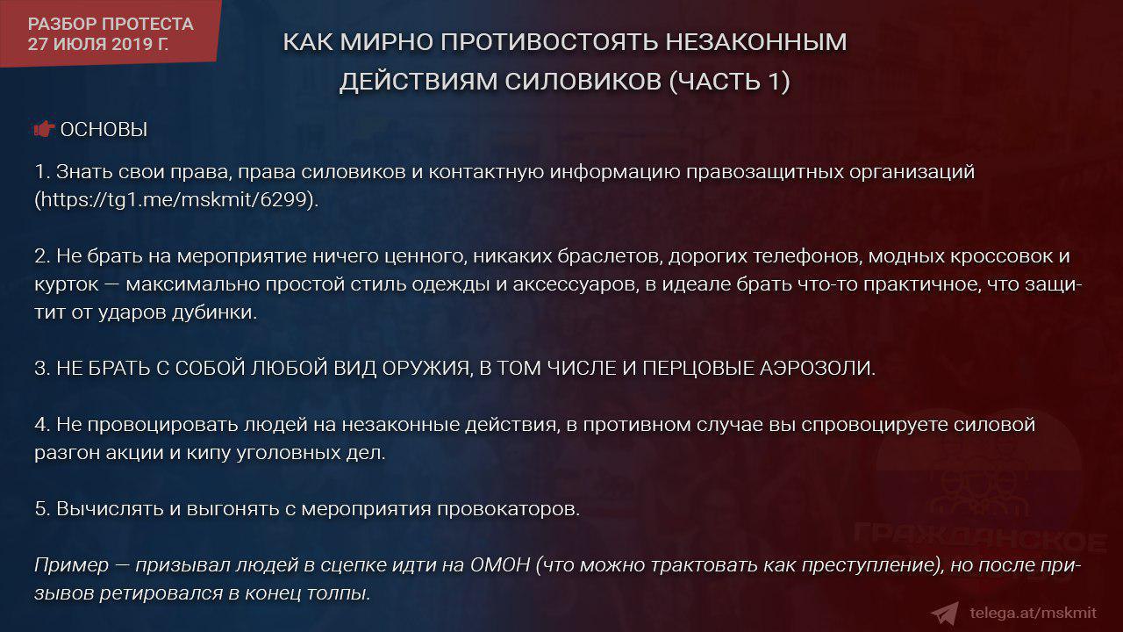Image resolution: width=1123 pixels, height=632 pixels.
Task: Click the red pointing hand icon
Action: click(44, 129)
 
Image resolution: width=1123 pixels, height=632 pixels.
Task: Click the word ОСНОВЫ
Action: click(104, 129)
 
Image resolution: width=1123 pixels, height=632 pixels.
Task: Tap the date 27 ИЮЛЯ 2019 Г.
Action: click(98, 44)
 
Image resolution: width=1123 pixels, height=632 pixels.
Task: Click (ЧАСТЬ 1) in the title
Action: click(729, 82)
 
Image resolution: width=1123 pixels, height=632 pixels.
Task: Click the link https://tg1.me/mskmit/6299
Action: click(174, 199)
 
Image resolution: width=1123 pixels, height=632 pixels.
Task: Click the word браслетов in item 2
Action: click(609, 256)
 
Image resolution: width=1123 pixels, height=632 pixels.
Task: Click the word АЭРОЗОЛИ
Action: click(817, 368)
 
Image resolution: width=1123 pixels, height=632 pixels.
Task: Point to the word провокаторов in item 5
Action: click(508, 509)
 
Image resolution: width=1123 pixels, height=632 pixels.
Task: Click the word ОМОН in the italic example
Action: click(500, 564)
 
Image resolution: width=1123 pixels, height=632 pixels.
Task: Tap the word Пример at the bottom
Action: click(71, 565)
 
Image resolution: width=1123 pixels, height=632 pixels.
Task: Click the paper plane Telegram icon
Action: click(945, 614)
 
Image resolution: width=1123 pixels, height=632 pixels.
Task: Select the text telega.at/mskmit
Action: click(1034, 613)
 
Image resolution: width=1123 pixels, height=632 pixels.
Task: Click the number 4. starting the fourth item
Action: click(42, 425)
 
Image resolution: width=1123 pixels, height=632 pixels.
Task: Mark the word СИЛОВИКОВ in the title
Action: click(583, 82)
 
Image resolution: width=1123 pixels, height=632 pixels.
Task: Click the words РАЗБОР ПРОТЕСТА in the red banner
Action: click(111, 24)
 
